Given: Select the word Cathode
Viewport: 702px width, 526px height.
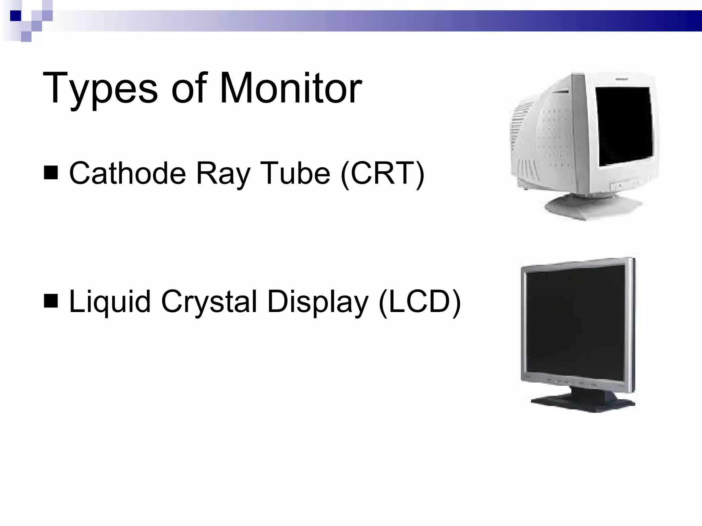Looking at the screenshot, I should (x=128, y=173).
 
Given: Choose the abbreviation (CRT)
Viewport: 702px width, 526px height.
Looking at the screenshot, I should (x=383, y=174).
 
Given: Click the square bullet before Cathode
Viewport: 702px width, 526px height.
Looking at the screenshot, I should (x=51, y=173).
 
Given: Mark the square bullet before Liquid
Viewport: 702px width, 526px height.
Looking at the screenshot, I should (x=51, y=301).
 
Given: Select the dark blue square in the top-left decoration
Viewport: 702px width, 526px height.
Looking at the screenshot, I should (x=15, y=16).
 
